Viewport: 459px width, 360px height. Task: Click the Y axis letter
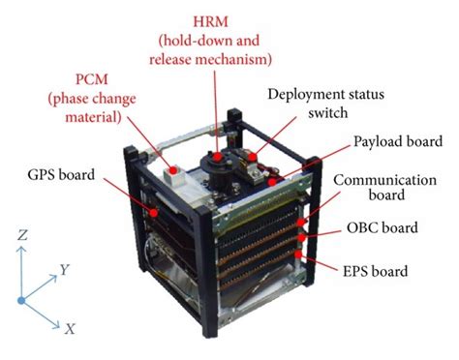tap(64, 271)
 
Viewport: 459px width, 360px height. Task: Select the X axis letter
tap(70, 329)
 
